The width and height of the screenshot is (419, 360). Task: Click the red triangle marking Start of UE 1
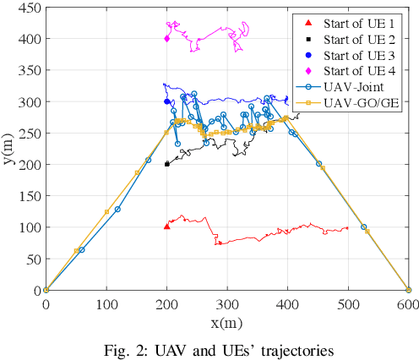click(166, 226)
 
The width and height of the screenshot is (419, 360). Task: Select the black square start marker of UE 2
click(166, 164)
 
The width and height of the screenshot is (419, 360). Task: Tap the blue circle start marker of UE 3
click(166, 101)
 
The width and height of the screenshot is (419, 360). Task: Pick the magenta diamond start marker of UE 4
click(166, 38)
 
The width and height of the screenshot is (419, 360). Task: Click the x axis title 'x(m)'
click(227, 322)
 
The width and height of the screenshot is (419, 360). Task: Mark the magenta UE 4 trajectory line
click(211, 38)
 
